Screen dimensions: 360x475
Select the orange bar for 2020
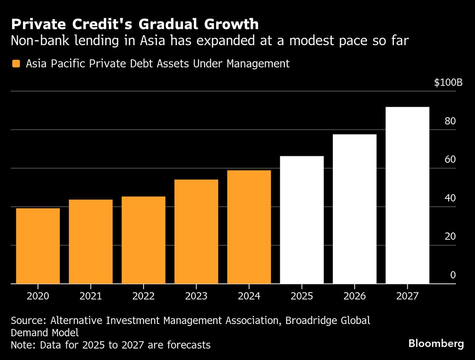point(38,246)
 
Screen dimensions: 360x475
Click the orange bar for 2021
point(91,242)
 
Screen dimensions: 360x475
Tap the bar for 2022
point(143,240)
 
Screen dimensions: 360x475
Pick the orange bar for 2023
point(196,232)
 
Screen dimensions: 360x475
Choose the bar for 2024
point(249,227)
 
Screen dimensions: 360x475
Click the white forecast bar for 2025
point(302,220)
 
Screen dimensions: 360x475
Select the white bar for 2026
point(355,209)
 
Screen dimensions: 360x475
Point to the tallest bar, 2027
point(407,195)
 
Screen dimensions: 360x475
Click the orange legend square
point(16,64)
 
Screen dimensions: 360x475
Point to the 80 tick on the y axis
point(450,121)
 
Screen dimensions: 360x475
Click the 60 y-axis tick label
point(450,160)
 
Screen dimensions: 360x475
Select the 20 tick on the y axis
point(450,236)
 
